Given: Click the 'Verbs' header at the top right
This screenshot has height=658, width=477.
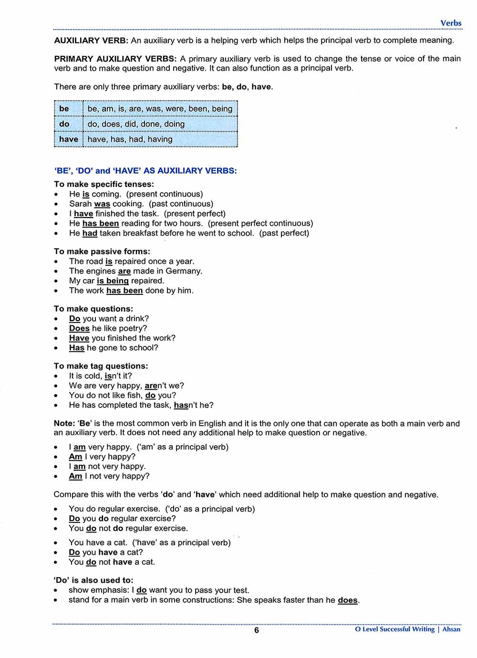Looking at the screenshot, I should [451, 23].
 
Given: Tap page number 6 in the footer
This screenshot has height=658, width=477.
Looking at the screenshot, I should [256, 630].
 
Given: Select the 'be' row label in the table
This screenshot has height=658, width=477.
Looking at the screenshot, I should [64, 109].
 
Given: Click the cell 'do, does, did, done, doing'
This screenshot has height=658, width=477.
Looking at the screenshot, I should [136, 124].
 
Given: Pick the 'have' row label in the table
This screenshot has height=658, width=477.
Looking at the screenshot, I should [68, 139].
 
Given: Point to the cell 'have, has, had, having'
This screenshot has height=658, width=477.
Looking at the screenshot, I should [130, 139].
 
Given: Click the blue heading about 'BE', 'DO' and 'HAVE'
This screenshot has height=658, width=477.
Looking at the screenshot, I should [145, 171].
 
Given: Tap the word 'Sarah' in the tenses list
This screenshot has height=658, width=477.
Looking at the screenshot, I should [80, 204].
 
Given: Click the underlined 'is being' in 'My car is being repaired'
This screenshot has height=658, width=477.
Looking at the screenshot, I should [113, 281].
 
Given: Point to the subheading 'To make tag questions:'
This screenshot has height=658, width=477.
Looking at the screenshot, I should [101, 366].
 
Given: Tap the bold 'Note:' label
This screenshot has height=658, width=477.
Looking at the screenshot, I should [64, 423].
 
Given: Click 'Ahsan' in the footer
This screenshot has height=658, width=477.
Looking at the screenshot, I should [451, 629].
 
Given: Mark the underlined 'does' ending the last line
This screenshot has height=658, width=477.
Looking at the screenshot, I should [347, 600].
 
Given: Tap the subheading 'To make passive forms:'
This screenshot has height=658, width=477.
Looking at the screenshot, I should [102, 251].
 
